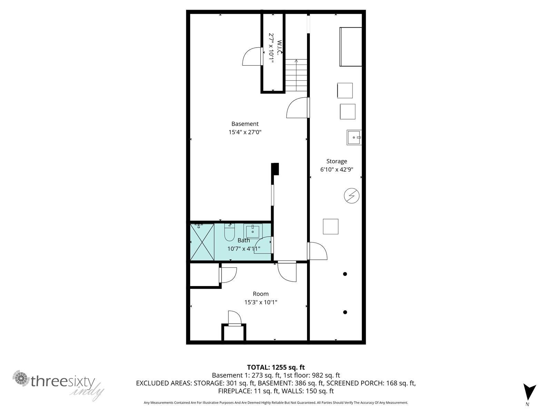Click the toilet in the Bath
pos(229,232)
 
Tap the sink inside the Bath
pos(253,231)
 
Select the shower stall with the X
pos(202,242)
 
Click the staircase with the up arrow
pos(296,75)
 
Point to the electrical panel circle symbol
pos(352,196)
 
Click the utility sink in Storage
pos(354,137)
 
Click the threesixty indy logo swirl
pos(21,378)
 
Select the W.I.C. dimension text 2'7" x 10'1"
pos(271,48)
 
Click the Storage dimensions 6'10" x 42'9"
pos(336,169)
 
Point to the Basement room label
pos(245,124)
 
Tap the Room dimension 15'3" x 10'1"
pos(261,302)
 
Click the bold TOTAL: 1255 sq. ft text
pos(276,367)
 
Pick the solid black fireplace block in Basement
pos(275,169)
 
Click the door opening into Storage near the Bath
pos(317,251)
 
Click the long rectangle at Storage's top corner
pos(351,47)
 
